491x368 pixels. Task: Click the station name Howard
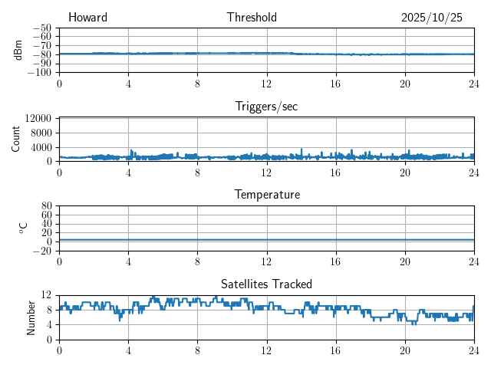coord(87,18)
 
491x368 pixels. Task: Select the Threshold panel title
coord(252,18)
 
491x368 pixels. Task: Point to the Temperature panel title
coord(266,195)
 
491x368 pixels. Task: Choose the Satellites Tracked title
coord(266,284)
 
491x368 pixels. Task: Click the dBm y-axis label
coord(18,50)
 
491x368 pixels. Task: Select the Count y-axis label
coord(16,139)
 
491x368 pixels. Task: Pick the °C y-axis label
coord(24,228)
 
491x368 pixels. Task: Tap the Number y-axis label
coord(31,317)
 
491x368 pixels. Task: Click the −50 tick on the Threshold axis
coord(42,28)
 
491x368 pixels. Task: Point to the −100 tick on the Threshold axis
coord(40,72)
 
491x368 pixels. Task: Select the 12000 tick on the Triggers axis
coord(38,119)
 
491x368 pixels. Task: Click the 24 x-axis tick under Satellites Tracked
coord(473,350)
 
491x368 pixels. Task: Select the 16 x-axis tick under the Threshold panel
coord(335,84)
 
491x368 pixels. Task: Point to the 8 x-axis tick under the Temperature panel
coord(197,261)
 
